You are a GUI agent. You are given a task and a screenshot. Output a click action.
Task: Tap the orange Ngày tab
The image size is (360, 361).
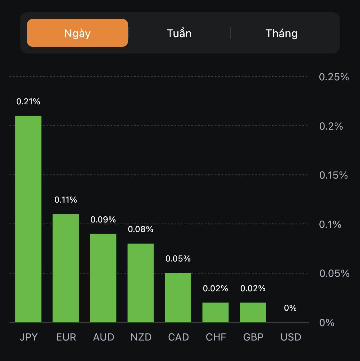coord(77,33)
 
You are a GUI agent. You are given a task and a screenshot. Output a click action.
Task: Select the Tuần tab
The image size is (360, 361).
coord(179,33)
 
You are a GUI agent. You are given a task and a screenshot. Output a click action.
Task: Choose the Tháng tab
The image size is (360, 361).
coord(282,33)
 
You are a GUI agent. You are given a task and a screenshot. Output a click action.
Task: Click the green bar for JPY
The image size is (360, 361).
coord(28,219)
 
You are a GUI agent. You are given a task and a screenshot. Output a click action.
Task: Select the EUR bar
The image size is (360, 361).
coord(66,268)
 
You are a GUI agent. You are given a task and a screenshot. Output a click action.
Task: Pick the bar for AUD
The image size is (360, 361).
coord(103,278)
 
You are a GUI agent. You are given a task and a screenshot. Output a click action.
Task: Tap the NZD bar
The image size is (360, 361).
coord(140,283)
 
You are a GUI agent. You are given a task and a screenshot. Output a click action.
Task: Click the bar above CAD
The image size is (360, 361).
coord(178,298)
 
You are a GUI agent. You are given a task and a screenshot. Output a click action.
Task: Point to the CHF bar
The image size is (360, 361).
coord(215,312)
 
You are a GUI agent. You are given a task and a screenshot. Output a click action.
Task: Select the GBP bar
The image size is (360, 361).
coord(253,312)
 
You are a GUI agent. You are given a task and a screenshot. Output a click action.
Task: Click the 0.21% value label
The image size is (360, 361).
coord(28,101)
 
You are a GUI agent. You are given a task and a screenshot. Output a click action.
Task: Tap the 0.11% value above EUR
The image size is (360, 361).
coord(66,200)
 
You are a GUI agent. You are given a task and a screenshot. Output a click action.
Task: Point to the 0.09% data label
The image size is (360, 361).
coord(103,220)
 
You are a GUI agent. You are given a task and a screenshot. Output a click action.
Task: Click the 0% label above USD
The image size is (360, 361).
coord(290,308)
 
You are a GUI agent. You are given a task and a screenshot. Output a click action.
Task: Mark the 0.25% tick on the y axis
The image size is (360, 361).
coord(334,77)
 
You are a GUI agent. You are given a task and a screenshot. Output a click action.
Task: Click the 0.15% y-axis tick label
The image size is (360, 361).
coord(333,175)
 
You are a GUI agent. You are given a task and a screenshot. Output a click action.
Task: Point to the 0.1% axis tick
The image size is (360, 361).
coord(330,224)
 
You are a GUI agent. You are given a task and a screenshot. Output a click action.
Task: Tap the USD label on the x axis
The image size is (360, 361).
coord(291,337)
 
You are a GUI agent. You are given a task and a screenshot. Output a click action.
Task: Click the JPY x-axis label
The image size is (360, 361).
coord(29,337)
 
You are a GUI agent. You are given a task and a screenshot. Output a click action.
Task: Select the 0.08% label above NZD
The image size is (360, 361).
coord(140,229)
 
